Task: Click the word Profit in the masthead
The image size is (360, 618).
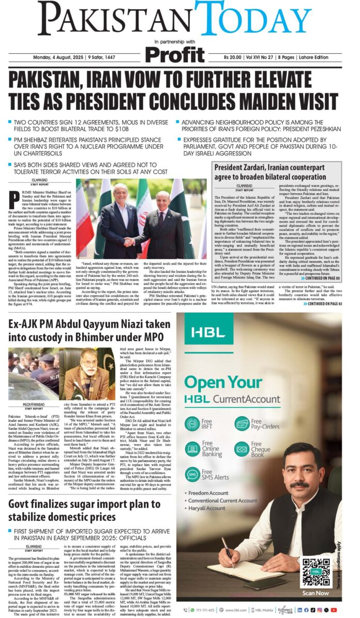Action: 174,54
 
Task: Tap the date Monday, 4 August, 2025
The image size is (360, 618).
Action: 59,57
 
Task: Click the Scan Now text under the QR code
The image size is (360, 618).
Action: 314,593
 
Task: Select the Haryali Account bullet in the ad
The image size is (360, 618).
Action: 207,509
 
